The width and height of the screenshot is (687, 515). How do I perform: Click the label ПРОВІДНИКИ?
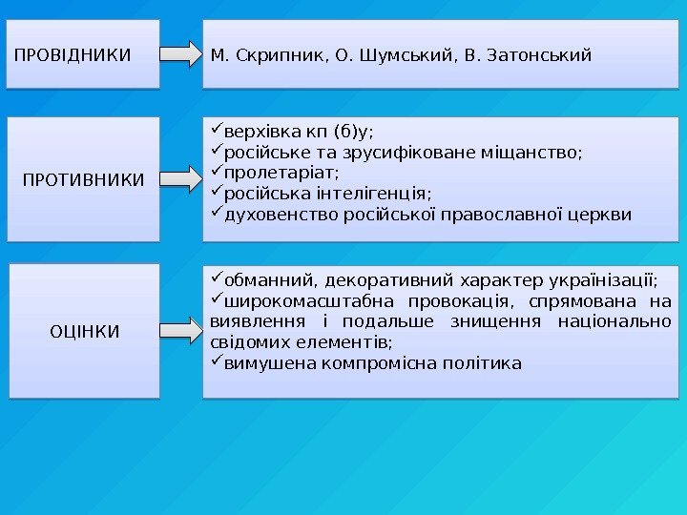[73, 54]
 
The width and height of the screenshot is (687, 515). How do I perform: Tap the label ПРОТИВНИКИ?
[84, 178]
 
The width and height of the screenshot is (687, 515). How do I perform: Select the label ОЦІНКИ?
[84, 331]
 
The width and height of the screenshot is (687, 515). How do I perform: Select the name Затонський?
[540, 54]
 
